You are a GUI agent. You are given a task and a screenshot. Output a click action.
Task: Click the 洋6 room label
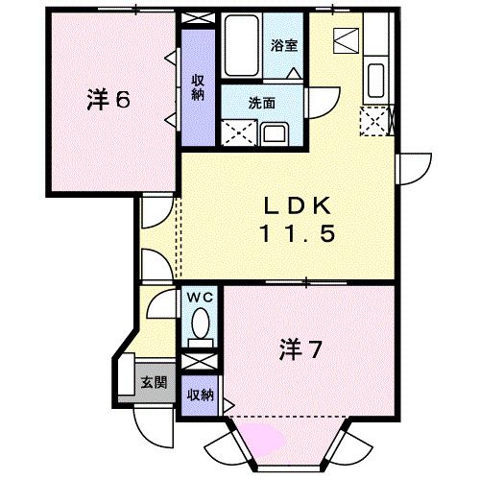(108, 100)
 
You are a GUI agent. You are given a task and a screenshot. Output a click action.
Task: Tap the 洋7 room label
(300, 348)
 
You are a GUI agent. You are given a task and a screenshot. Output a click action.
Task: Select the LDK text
(298, 205)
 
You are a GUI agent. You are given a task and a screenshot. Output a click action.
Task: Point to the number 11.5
(298, 233)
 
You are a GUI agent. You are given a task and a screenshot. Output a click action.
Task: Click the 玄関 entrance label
(155, 382)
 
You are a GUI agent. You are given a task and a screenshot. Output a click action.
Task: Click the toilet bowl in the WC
(201, 329)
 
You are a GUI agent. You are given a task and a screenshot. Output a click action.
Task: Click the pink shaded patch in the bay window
(266, 439)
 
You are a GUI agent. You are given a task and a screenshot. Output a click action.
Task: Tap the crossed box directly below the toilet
(201, 363)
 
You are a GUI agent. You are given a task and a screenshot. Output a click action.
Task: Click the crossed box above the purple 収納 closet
(198, 19)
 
